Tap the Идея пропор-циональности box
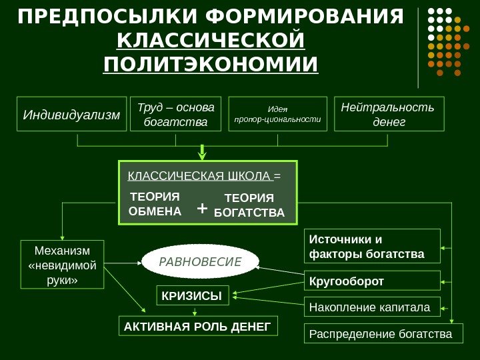(x=277, y=114)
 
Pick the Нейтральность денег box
(x=387, y=114)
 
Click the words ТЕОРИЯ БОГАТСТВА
(x=249, y=206)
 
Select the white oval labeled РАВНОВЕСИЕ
(x=201, y=261)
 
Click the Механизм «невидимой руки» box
(x=63, y=264)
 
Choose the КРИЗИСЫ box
(x=192, y=295)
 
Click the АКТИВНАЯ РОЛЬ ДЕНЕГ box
(x=198, y=327)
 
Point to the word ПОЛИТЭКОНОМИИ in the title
(x=211, y=65)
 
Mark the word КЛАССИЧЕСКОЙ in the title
(x=211, y=40)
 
